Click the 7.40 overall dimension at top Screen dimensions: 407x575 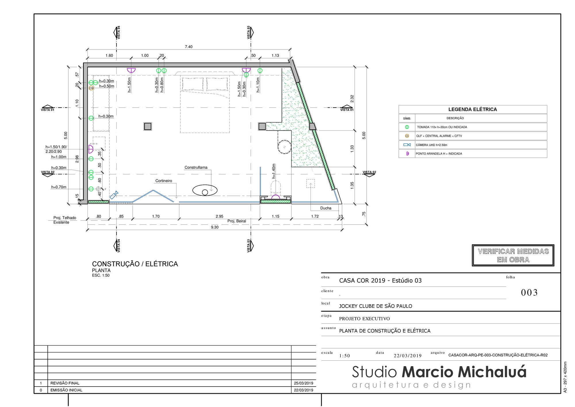pos(189,47)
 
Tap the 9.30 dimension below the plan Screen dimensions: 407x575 pos(215,227)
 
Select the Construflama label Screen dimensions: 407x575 pos(196,167)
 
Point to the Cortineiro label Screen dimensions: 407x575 pos(164,181)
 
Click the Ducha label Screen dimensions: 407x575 pos(326,208)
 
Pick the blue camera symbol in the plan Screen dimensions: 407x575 pos(114,195)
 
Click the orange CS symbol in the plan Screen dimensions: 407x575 pos(91,88)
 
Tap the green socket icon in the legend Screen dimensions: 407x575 pos(407,127)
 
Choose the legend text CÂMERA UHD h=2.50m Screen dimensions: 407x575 pos(432,145)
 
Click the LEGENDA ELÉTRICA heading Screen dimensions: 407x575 pos(472,109)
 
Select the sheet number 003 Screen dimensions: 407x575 pos(529,292)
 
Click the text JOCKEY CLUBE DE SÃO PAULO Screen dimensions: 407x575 pos(375,306)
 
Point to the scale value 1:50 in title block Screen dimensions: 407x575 pos(344,356)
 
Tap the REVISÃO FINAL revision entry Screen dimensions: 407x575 pos(65,383)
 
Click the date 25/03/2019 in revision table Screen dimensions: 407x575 pos(303,383)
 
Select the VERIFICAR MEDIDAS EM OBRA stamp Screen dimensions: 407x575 pos(513,255)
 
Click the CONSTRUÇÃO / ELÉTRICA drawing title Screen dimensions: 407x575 pos(135,264)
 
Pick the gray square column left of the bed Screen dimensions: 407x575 pos(147,126)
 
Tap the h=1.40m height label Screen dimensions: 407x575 pos(274,171)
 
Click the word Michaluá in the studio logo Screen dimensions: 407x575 pos(492,372)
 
